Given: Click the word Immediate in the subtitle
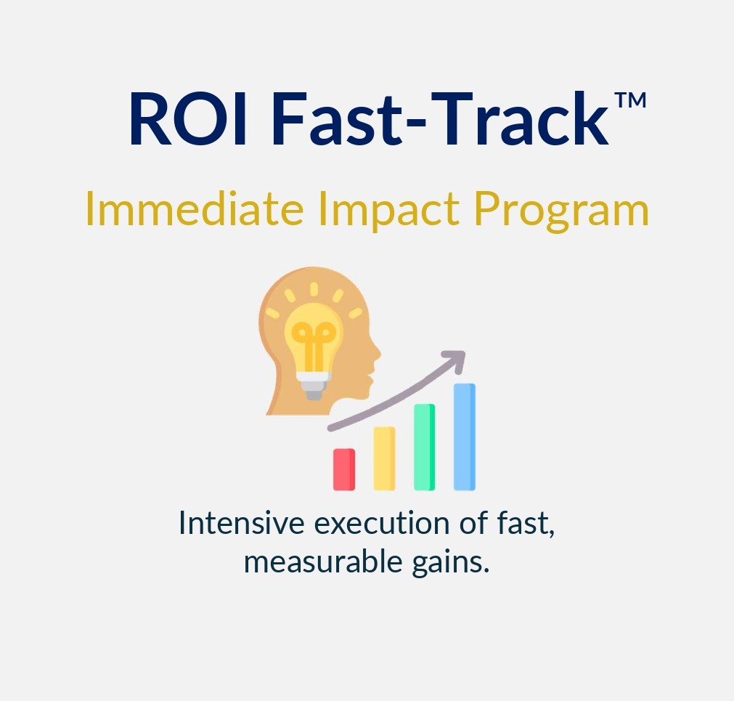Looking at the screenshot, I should point(195,209).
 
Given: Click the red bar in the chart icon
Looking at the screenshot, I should point(343,469).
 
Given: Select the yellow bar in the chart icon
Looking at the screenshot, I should point(384,458).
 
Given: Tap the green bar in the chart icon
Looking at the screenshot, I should point(424,447).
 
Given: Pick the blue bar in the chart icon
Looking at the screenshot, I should point(465,437).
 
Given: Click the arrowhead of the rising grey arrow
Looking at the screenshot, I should point(456,357).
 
